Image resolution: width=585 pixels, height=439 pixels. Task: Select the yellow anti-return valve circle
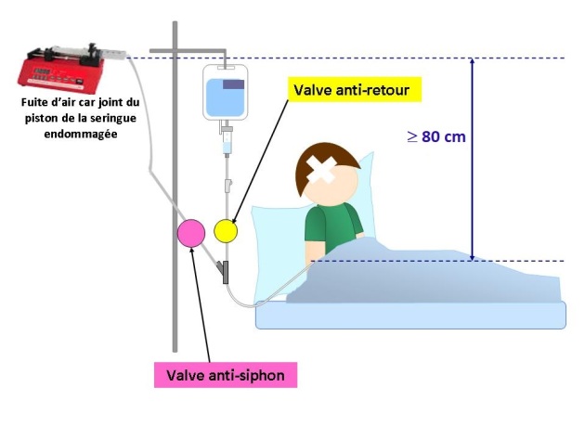tap(227, 229)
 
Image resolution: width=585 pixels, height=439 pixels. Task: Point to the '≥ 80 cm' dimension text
tap(435, 136)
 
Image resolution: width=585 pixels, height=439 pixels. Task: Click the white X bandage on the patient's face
tap(325, 174)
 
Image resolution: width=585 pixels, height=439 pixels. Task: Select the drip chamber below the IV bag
tap(225, 144)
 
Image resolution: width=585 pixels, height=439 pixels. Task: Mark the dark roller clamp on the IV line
tap(224, 273)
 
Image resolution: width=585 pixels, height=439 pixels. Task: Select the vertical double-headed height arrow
tap(474, 158)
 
